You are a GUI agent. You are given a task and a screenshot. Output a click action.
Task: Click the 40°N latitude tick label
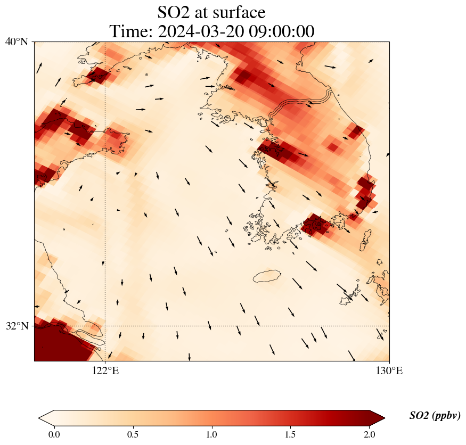pos(17,42)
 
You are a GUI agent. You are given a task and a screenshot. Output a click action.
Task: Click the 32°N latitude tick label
pos(17,326)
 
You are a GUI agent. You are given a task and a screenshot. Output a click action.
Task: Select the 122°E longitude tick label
pos(105,370)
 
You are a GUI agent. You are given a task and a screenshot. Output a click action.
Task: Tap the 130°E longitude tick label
pos(389,370)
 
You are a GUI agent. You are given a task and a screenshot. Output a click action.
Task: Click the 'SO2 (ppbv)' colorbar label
pos(435,416)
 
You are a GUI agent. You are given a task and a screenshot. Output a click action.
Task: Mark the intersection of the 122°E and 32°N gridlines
pos(105,326)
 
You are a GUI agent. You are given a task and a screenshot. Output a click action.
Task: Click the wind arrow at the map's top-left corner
pos(39,68)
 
